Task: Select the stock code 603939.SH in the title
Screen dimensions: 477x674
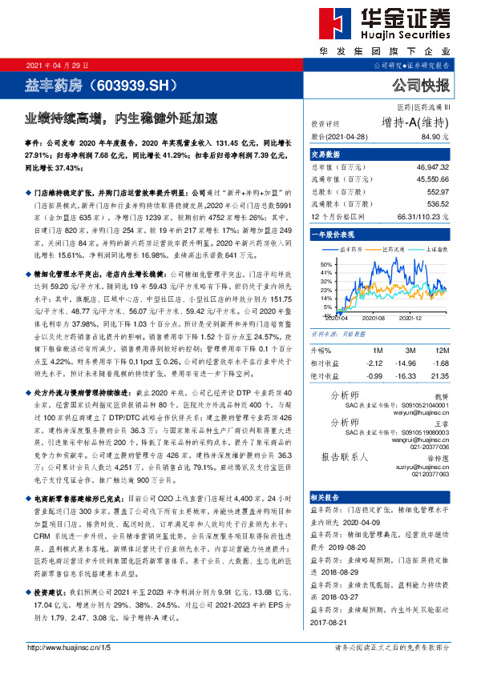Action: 131,83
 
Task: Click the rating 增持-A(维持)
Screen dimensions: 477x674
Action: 414,122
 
